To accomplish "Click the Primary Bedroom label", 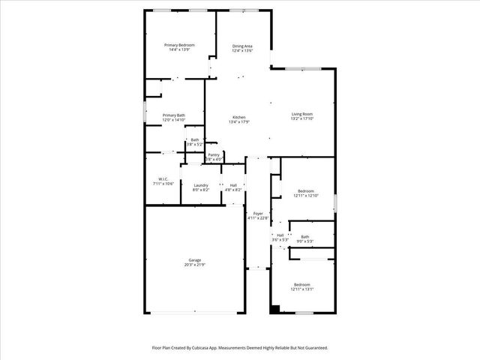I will [179, 45].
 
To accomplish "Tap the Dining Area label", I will [242, 46].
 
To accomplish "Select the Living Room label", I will [302, 114].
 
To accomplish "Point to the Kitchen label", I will [238, 117].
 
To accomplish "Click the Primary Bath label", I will [173, 115].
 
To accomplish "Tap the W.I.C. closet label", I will [163, 179].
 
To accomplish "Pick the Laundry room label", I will [200, 185].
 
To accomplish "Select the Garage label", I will [194, 260].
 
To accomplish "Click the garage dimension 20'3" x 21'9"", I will [194, 265].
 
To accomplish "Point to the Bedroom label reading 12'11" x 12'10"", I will [305, 191].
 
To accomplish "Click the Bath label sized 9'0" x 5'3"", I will [305, 237].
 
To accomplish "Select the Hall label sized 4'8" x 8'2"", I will [233, 185].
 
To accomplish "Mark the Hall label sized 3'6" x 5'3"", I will [280, 235].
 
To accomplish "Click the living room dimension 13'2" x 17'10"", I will [302, 118].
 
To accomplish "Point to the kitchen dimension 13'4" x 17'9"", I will [238, 121].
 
